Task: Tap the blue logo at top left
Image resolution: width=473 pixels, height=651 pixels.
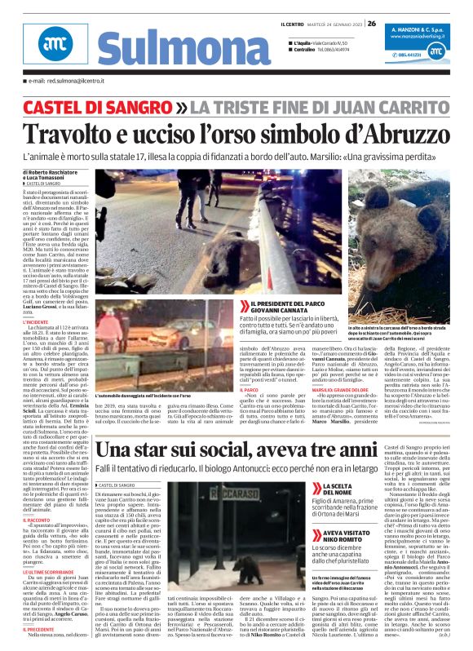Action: point(51,47)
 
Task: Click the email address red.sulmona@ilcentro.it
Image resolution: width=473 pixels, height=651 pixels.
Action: point(66,82)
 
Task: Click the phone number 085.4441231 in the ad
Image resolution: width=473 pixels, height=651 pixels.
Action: point(411,55)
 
